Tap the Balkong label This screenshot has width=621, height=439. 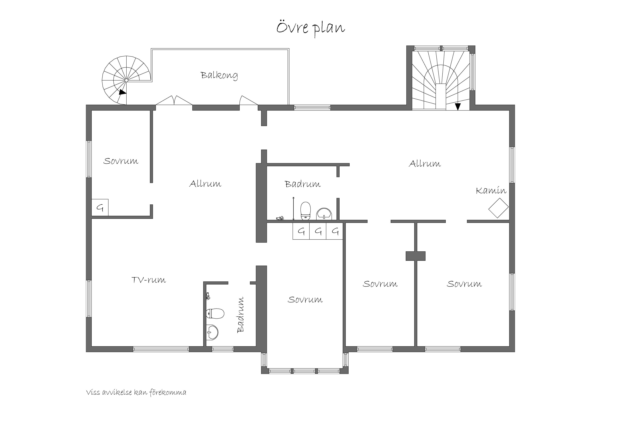[x=219, y=75]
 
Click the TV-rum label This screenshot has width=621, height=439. [x=149, y=280]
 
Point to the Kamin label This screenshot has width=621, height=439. [x=491, y=190]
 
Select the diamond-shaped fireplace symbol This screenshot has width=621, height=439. [x=498, y=208]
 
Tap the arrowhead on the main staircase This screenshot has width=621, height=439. [x=457, y=107]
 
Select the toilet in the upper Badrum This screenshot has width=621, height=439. [x=306, y=210]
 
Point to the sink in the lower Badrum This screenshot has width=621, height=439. [x=212, y=332]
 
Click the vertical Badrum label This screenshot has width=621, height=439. [x=240, y=315]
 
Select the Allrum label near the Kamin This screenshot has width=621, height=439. [x=425, y=164]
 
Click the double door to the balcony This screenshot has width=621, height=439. [x=174, y=100]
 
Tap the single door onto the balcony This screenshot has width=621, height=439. [x=249, y=100]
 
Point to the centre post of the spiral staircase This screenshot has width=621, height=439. [x=126, y=80]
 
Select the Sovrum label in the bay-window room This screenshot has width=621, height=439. [x=305, y=300]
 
